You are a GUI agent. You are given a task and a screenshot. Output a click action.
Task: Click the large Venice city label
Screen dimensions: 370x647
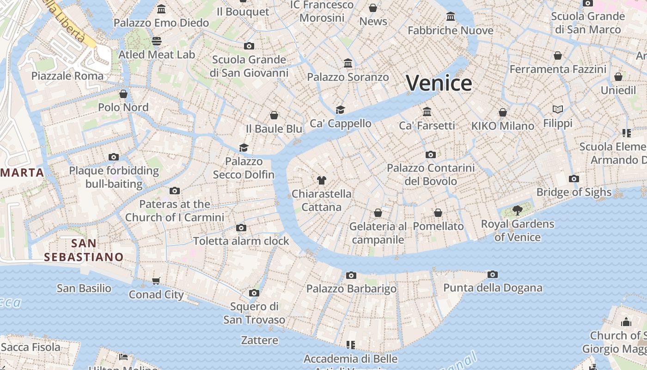pyautogui.click(x=439, y=83)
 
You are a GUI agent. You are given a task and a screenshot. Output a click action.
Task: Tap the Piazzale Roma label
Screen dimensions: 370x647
pyautogui.click(x=67, y=76)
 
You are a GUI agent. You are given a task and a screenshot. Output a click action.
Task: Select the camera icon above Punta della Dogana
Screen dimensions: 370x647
pyautogui.click(x=493, y=275)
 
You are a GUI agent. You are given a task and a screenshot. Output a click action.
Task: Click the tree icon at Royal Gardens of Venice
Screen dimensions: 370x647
pyautogui.click(x=518, y=210)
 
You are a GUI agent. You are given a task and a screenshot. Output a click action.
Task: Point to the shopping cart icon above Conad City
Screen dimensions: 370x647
pyautogui.click(x=156, y=281)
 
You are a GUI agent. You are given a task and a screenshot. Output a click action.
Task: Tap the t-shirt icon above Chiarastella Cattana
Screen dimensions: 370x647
pyautogui.click(x=322, y=180)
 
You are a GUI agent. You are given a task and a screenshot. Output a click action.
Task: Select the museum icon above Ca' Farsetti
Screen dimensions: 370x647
pyautogui.click(x=427, y=112)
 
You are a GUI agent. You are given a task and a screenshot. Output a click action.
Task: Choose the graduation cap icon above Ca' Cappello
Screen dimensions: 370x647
pyautogui.click(x=341, y=110)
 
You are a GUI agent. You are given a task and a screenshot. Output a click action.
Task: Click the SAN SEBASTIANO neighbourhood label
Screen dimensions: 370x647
pyautogui.click(x=84, y=250)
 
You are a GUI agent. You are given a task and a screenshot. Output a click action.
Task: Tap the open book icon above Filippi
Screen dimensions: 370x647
pyautogui.click(x=558, y=110)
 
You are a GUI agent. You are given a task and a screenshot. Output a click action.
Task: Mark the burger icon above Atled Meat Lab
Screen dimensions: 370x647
pyautogui.click(x=157, y=41)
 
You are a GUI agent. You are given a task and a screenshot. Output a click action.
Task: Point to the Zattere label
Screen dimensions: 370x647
pyautogui.click(x=260, y=340)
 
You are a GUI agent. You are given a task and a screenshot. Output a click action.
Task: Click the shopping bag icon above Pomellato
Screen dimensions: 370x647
pyautogui.click(x=438, y=213)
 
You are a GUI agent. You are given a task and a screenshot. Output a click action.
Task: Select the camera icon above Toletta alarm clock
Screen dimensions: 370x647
pyautogui.click(x=241, y=228)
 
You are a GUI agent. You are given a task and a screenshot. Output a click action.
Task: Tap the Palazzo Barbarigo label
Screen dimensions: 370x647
pyautogui.click(x=351, y=289)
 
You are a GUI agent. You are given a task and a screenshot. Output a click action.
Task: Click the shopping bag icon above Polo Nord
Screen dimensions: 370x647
pyautogui.click(x=123, y=94)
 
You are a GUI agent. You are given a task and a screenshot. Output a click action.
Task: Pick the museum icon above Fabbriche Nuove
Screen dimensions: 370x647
pyautogui.click(x=451, y=17)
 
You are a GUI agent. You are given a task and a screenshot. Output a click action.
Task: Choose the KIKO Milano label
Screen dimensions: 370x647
pyautogui.click(x=502, y=126)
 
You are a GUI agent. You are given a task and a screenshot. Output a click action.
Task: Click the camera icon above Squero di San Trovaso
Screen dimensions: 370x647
pyautogui.click(x=254, y=293)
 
